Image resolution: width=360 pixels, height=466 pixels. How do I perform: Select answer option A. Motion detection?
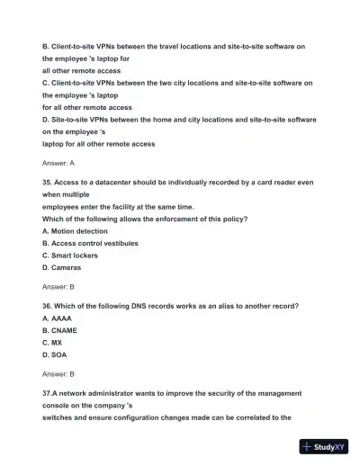[75, 230]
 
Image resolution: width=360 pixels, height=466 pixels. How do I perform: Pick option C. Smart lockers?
[70, 255]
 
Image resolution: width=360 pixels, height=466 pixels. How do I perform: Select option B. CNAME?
[59, 330]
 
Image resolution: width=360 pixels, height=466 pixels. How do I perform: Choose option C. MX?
[52, 343]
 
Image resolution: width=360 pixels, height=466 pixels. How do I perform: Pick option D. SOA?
[54, 354]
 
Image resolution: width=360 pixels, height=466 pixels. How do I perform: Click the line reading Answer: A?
[58, 163]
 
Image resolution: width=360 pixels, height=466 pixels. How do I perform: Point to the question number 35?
[48, 182]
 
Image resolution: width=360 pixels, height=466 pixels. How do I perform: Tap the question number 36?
[48, 305]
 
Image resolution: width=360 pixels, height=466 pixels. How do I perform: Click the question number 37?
[49, 393]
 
